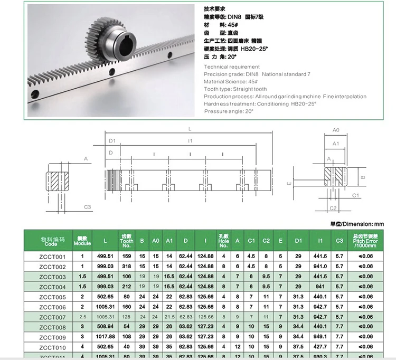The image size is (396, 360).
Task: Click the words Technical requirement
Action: click(231, 67)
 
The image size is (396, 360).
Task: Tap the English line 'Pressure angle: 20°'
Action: click(228, 111)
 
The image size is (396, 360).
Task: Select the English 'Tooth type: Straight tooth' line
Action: click(235, 89)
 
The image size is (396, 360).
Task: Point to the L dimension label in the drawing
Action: click(190, 128)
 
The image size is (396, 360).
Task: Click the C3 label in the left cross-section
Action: click(88, 206)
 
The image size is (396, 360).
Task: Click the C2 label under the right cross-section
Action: click(333, 208)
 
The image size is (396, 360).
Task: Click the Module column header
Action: click(82, 241)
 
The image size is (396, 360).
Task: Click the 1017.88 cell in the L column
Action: click(106, 337)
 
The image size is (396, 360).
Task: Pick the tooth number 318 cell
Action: click(127, 267)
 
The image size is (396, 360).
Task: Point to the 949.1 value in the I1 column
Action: click(320, 337)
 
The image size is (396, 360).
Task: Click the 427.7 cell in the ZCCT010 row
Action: click(320, 347)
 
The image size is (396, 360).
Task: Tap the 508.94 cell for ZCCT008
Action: click(106, 327)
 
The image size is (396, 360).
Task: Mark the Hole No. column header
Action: click(223, 241)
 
